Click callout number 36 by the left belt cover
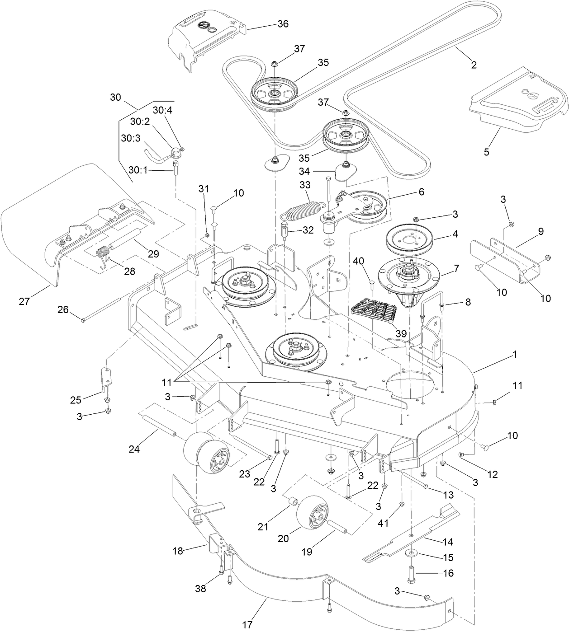[283, 23]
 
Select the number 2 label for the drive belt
[474, 65]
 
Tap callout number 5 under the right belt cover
[486, 152]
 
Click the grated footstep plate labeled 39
[374, 312]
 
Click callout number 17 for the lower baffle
[247, 625]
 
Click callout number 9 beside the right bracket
[541, 231]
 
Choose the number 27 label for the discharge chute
[24, 301]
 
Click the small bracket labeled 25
[106, 380]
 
